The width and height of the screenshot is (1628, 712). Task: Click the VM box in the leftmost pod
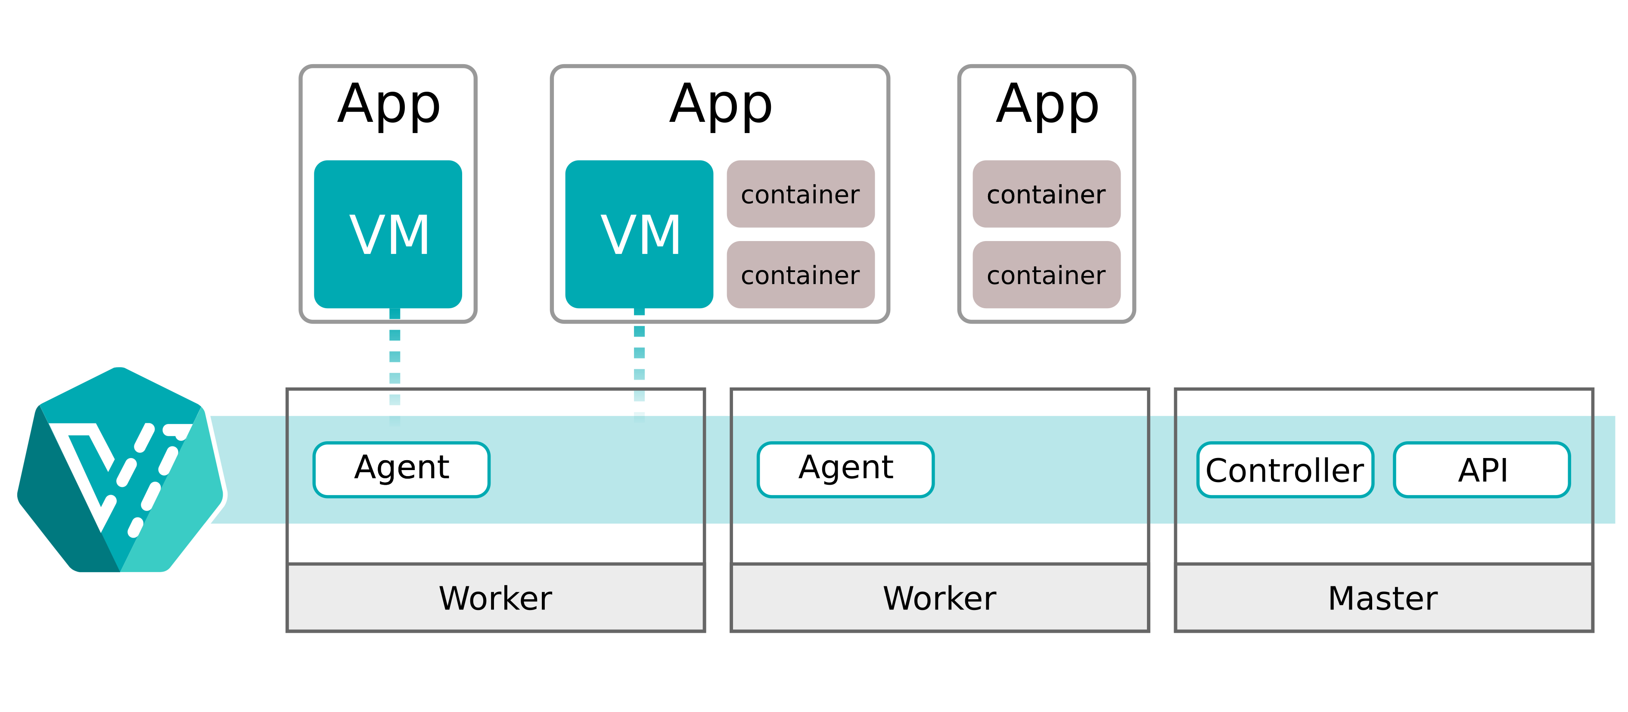[x=388, y=234]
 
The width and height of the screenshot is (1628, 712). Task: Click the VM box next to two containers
[x=639, y=234]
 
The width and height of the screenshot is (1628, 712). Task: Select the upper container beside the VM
[x=800, y=194]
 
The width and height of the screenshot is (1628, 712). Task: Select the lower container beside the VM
[x=800, y=275]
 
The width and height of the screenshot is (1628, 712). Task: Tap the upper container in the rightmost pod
[x=1046, y=194]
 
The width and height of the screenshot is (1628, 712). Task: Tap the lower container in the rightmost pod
[x=1046, y=275]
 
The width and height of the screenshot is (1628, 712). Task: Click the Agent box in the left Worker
[x=401, y=469]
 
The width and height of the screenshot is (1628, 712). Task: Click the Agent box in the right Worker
[x=845, y=469]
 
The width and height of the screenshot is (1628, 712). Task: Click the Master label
[x=1383, y=597]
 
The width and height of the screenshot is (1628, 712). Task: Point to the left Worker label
[x=495, y=597]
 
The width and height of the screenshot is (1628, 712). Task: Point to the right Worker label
[x=940, y=597]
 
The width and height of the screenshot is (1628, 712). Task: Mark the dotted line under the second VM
[x=640, y=363]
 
